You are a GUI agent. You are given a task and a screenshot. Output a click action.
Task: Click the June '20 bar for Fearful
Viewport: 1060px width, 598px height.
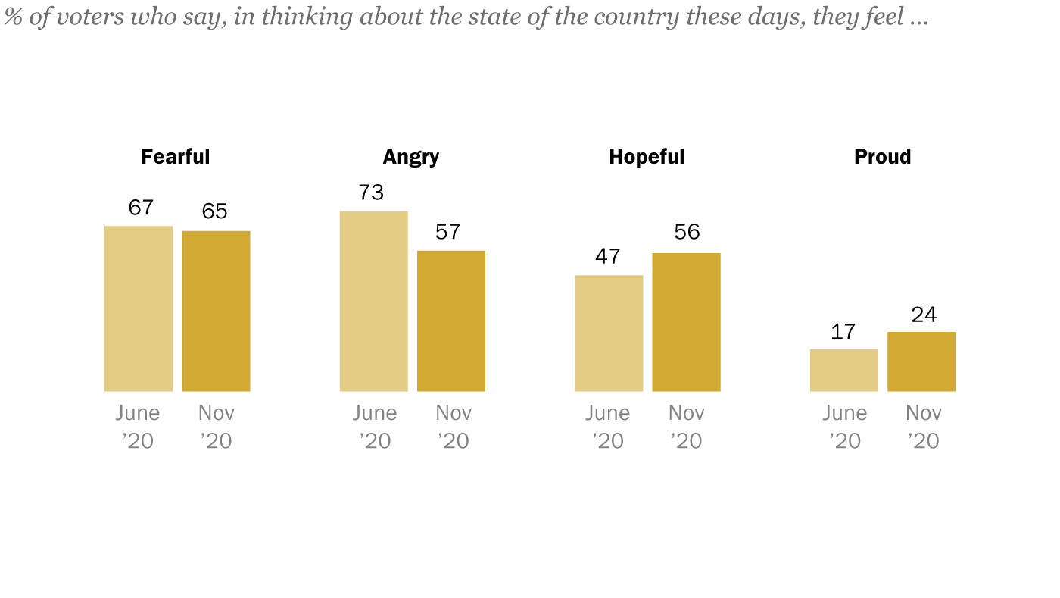coord(139,308)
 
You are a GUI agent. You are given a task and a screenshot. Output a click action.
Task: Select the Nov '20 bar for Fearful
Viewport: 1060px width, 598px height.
coord(216,311)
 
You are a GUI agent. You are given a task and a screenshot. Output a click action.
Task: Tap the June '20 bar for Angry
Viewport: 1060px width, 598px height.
coord(373,301)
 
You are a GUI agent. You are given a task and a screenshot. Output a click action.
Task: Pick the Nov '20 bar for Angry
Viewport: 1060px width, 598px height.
coord(451,321)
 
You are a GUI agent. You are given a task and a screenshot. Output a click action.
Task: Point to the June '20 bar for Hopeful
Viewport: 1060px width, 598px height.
coord(609,333)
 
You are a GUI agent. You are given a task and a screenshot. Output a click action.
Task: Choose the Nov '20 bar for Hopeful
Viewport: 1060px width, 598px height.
coord(686,322)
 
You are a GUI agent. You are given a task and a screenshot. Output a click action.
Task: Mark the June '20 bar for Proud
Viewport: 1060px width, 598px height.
coord(844,370)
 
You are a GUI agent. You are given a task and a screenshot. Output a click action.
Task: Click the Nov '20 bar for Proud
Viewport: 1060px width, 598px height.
coord(921,362)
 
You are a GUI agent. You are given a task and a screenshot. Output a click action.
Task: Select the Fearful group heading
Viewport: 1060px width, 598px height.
coord(176,157)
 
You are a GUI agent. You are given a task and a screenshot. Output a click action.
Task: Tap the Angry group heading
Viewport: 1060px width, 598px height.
coord(411,157)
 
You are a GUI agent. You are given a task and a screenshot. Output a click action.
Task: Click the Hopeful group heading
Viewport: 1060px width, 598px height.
coord(647,157)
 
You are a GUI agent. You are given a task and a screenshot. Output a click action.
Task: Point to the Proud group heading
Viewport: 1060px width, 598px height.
coord(882,157)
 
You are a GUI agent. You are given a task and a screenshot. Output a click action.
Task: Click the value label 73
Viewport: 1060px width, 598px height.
coord(371,193)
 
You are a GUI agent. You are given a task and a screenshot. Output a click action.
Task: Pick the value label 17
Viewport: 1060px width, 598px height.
coord(843,331)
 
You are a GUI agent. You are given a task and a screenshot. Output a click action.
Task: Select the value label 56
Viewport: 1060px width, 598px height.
coord(687,232)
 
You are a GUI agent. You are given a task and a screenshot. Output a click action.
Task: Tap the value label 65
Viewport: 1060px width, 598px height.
coord(214,211)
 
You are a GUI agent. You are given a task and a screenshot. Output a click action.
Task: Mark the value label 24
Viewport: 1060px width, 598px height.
coord(924,314)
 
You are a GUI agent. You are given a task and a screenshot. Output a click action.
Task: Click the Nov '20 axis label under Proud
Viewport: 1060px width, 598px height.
coord(923,427)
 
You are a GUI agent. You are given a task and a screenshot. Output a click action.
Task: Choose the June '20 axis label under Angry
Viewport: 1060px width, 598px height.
coord(375,427)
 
